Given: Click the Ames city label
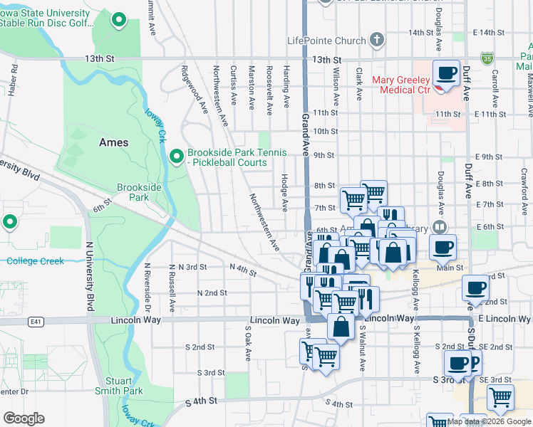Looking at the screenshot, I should [113, 142].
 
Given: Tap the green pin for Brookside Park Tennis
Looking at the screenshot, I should [177, 154].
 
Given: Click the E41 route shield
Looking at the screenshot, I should [36, 322].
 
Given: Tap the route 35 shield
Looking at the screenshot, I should [487, 56].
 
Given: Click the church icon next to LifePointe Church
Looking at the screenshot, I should [378, 40].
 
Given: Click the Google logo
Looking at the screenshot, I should [24, 418].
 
